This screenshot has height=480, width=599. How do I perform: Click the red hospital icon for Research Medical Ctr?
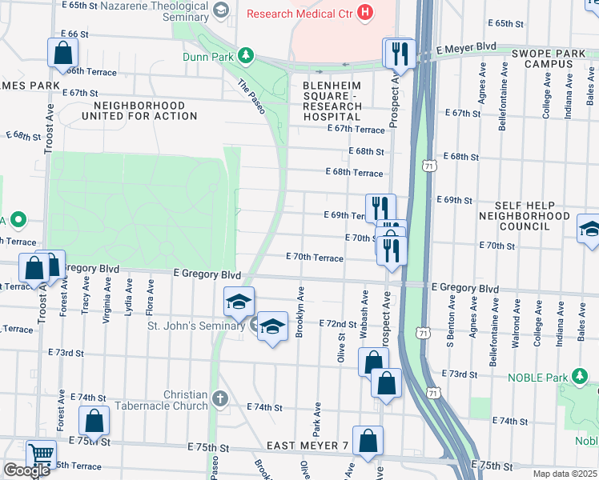[365, 13]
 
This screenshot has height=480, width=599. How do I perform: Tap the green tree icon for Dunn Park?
[248, 55]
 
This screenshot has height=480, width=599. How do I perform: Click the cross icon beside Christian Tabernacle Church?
[221, 398]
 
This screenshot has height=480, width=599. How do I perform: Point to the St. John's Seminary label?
[195, 326]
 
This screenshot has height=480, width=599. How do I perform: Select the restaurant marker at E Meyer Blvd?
[397, 54]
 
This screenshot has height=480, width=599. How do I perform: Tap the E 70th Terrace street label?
[315, 258]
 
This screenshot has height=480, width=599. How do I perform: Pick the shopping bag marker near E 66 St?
[63, 54]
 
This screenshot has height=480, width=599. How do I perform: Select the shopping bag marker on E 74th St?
[94, 421]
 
